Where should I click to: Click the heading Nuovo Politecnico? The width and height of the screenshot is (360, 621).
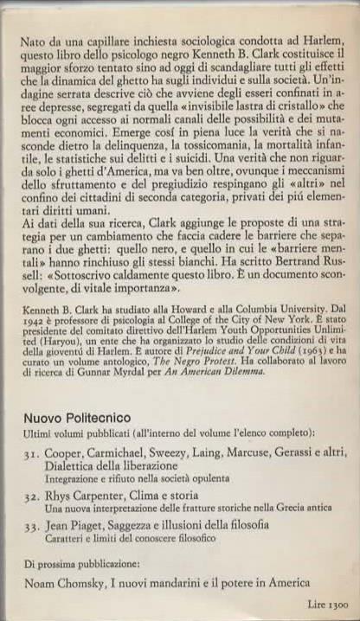point(78,417)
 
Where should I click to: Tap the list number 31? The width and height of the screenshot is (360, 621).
point(32,452)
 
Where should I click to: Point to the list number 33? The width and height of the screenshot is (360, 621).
point(32,526)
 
